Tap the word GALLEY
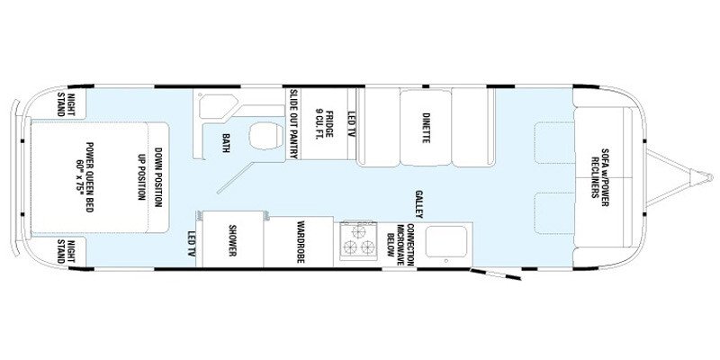419,200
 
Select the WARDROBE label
300,241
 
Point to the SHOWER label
231,240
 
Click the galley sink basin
442,241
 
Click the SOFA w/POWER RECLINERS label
600,175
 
